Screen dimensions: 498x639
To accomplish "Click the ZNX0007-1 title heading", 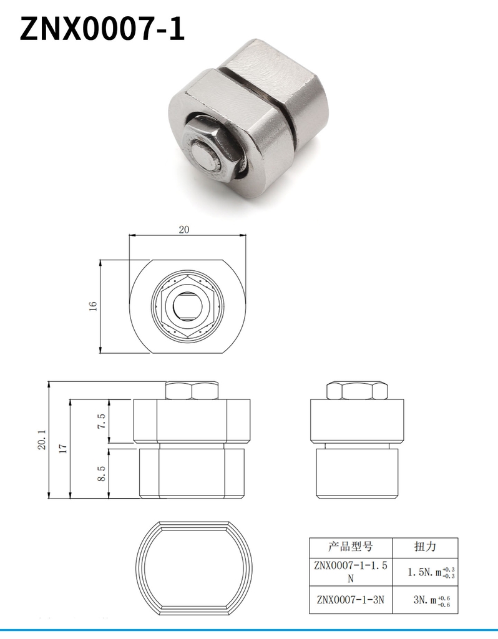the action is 102,29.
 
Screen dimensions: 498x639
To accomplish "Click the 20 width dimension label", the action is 184,230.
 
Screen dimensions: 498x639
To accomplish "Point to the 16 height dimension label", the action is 93,306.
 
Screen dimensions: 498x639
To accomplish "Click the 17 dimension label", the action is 62,448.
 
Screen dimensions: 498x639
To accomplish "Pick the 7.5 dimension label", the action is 101,421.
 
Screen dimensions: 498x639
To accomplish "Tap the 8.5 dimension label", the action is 101,474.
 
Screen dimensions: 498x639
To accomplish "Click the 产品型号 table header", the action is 351,547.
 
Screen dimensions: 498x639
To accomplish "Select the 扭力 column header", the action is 425,547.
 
